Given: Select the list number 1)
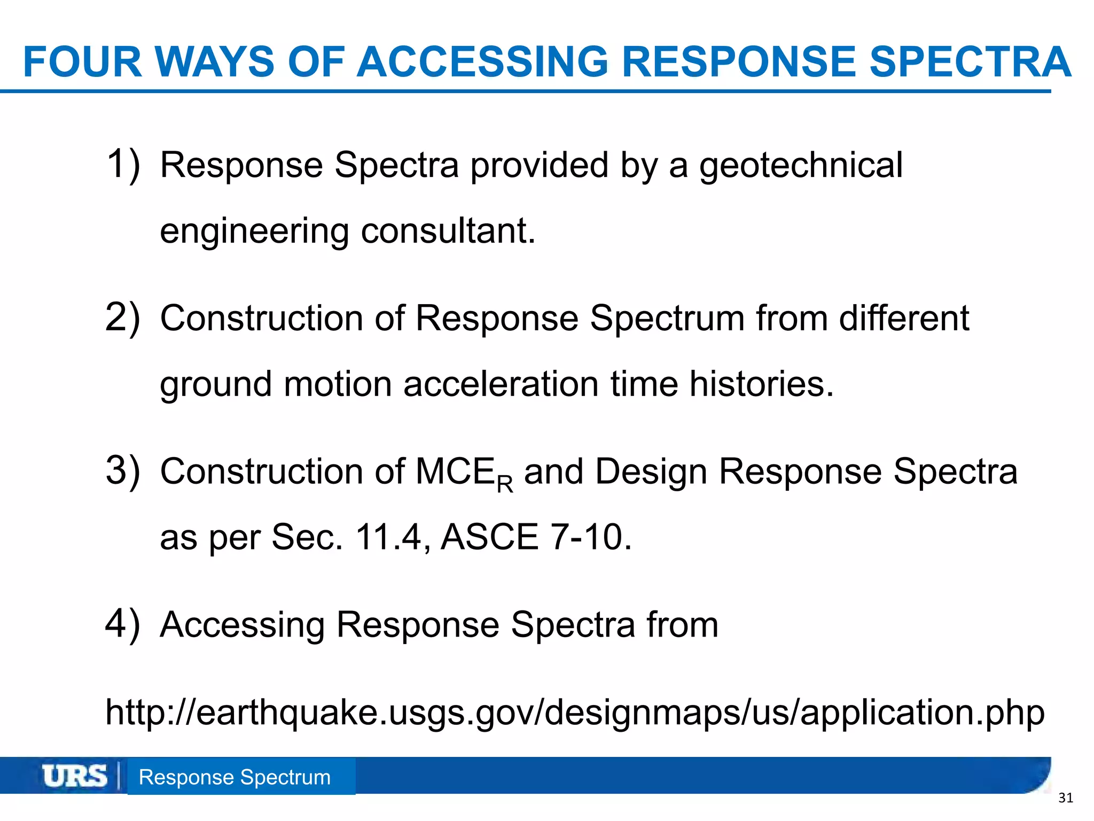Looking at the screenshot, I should tap(123, 164).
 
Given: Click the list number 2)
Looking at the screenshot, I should tap(123, 317).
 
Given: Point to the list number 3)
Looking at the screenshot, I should tap(123, 471).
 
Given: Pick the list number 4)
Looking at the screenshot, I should tap(123, 624).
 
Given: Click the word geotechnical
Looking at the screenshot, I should tap(801, 166).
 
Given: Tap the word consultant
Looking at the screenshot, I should tap(448, 231).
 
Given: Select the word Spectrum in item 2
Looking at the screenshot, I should tap(667, 319).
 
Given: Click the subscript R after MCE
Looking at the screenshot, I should tap(505, 485).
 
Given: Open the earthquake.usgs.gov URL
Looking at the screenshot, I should tap(575, 713).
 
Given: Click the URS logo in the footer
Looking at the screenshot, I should tap(75, 776).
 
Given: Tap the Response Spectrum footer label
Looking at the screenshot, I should tap(235, 777).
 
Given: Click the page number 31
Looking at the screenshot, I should tap(1065, 799).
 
